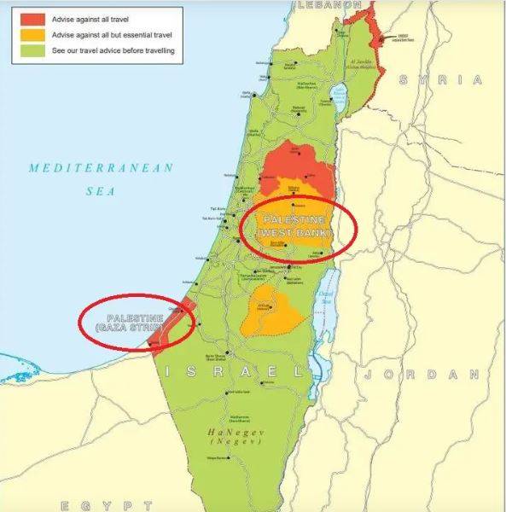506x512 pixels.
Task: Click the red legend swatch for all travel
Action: [x=33, y=19]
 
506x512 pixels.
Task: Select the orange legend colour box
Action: [x=33, y=35]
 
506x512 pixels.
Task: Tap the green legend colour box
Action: [x=33, y=51]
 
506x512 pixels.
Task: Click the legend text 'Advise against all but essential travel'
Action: [x=111, y=35]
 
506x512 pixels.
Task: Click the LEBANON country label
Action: [x=327, y=5]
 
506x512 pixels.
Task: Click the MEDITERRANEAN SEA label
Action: [x=101, y=178]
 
